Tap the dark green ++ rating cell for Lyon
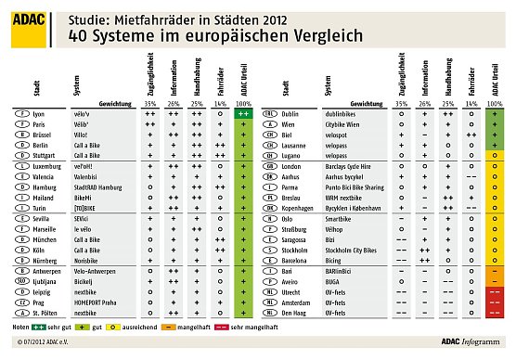[242, 112]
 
